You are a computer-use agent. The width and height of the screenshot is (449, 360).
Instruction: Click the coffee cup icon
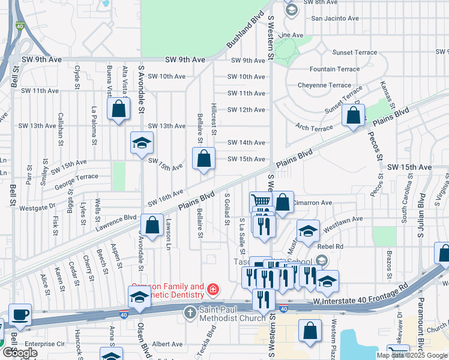pyautogui.click(x=20, y=315)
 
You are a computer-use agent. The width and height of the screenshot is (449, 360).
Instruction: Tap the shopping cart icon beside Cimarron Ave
pyautogui.click(x=260, y=201)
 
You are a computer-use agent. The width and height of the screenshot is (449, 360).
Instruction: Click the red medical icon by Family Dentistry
pyautogui.click(x=212, y=291)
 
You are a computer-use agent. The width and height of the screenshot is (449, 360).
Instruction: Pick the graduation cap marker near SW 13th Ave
pyautogui.click(x=142, y=143)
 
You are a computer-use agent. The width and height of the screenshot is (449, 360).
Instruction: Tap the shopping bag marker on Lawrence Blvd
pyautogui.click(x=153, y=225)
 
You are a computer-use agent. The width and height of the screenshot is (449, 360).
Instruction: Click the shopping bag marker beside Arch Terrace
pyautogui.click(x=352, y=116)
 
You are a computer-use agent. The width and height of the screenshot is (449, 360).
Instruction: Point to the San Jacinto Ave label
pyautogui.click(x=334, y=19)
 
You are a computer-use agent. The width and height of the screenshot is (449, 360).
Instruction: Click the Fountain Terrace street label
pyautogui.click(x=334, y=69)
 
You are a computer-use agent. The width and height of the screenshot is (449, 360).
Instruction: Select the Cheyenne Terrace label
pyautogui.click(x=324, y=85)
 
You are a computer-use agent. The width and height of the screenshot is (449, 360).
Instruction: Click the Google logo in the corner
pyautogui.click(x=19, y=353)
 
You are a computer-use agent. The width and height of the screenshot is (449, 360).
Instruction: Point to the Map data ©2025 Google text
pyautogui.click(x=412, y=355)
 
